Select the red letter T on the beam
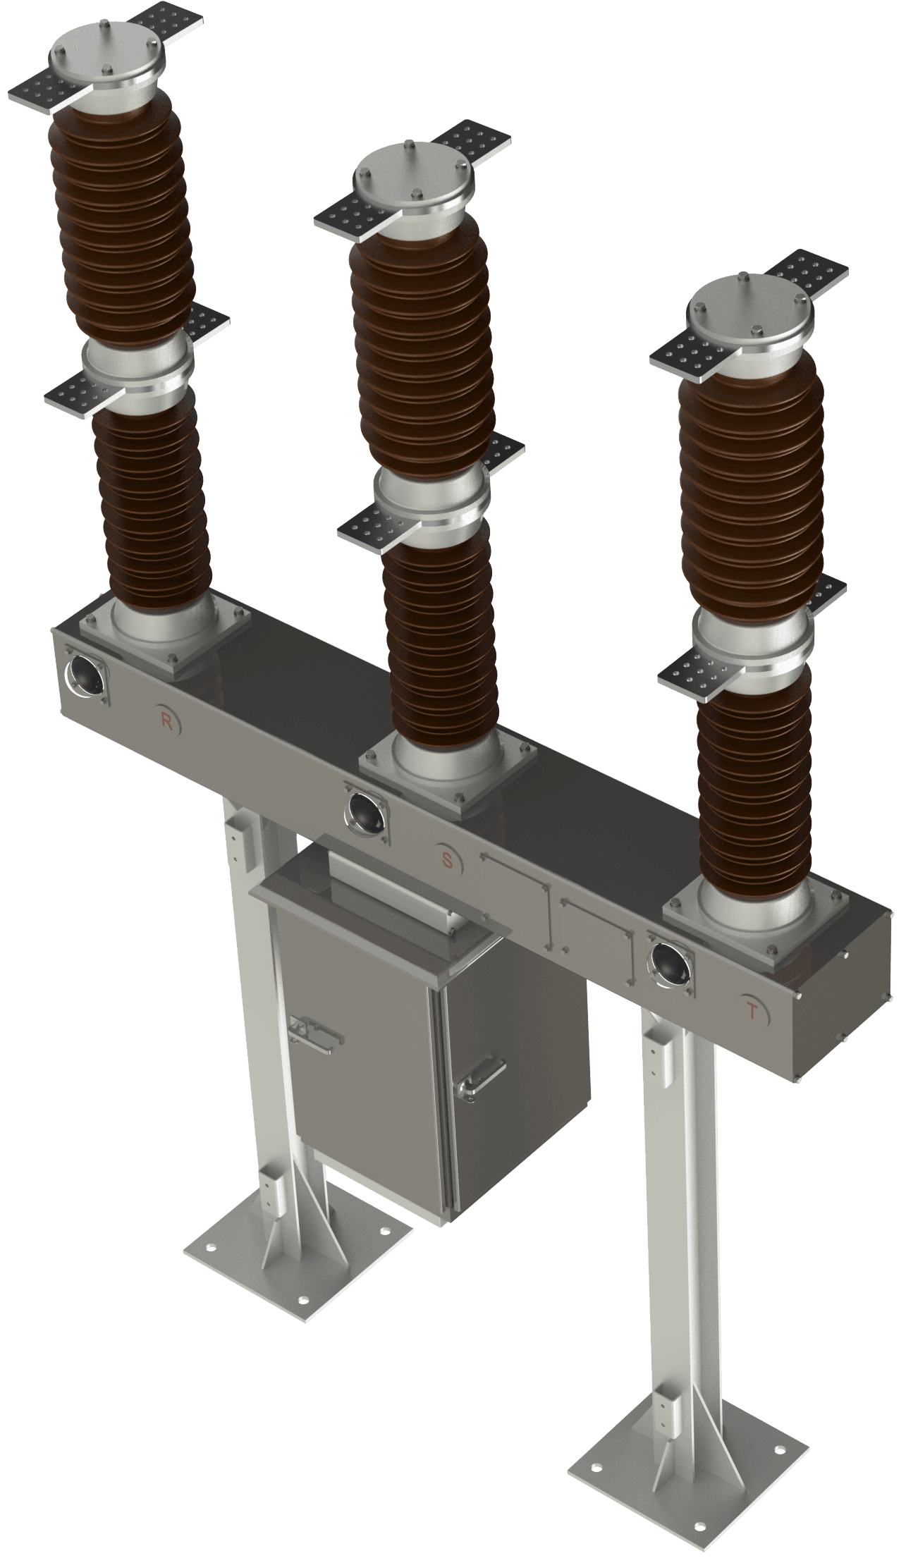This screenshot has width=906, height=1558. point(752,1012)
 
